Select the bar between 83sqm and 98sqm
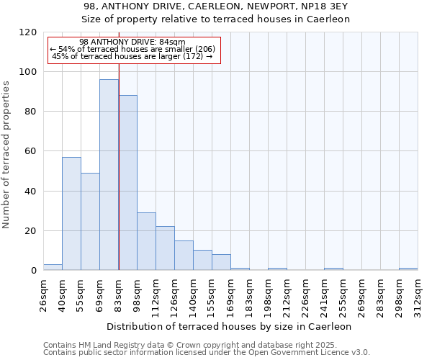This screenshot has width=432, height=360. tap(127, 183)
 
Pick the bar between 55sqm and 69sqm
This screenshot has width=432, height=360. tap(90, 222)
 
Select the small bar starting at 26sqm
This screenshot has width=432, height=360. tap(53, 267)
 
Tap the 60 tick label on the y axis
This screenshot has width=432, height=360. tap(30, 151)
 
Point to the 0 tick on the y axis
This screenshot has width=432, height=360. tap(33, 271)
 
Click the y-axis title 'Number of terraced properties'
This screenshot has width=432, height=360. tap(6, 155)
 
